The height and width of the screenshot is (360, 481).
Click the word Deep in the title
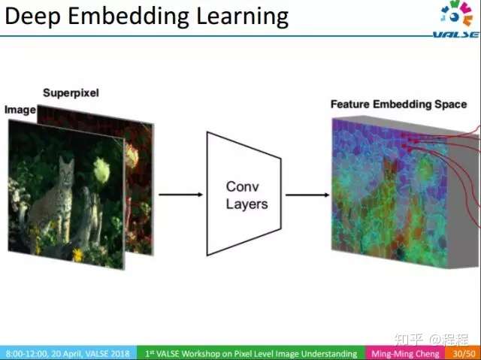coord(33,17)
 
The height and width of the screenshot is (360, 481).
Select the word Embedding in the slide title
coord(128,17)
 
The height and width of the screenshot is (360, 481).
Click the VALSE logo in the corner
coord(457,18)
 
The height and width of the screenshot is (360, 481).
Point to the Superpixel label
coord(71,92)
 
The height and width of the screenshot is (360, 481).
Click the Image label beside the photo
coord(20,110)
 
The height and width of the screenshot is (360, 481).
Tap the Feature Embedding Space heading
coord(399,104)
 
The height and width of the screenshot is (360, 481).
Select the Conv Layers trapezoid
coord(244,194)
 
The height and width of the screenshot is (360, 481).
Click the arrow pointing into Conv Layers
coord(180,195)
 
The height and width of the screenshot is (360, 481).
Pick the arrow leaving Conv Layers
coord(307,195)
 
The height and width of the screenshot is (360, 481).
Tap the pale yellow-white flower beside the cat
coord(101,170)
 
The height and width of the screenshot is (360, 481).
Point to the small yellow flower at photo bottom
coord(78,255)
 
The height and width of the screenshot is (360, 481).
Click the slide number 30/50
coord(464,353)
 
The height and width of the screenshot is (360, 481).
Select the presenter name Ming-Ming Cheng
coord(405,353)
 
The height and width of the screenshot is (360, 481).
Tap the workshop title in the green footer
coord(251,353)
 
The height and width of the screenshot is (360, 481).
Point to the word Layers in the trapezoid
coord(247,204)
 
